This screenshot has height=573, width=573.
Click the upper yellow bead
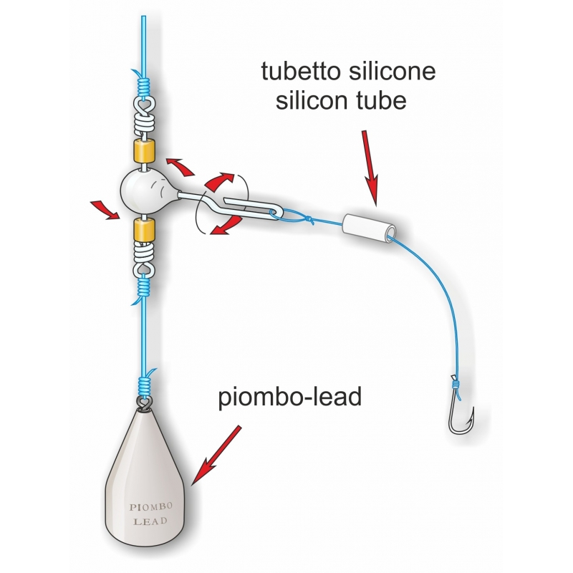[x=144, y=151]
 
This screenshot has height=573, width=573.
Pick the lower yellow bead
[x=144, y=229]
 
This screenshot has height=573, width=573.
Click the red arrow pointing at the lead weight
[x=216, y=455]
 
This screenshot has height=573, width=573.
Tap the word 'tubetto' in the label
[x=302, y=71]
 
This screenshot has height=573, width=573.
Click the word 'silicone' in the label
[x=392, y=71]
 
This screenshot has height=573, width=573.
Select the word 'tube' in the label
[x=384, y=100]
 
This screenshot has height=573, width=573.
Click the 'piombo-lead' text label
[x=290, y=398]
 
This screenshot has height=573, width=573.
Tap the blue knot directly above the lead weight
[x=144, y=385]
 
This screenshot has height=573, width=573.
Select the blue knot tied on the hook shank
[x=456, y=385]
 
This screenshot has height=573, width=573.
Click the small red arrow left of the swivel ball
[x=105, y=210]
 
